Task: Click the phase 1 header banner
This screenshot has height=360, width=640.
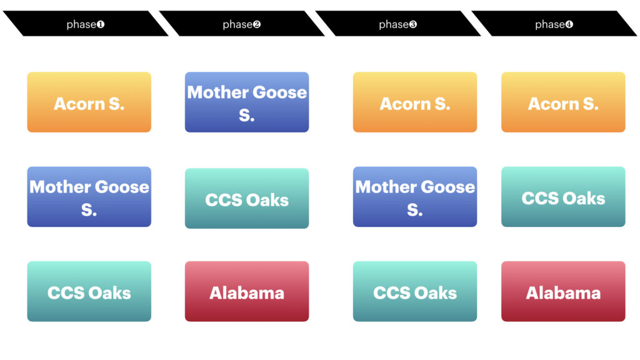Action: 86,24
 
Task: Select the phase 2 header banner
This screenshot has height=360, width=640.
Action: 242,24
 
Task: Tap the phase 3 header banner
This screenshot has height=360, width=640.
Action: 398,24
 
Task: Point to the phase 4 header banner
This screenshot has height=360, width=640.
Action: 554,24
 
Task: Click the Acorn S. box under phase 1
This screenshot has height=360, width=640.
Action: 89,102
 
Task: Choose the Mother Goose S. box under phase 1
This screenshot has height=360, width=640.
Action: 89,197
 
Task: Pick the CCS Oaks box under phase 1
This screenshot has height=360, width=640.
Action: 89,291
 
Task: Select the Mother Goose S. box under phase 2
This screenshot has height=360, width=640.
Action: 247,102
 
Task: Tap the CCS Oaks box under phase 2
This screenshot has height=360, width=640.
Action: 247,198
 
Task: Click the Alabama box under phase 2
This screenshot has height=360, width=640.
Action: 247,291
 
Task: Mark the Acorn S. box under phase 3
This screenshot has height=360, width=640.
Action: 415,102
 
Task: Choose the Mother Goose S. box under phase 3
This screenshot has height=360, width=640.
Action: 415,197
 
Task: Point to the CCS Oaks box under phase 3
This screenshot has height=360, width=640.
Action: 415,291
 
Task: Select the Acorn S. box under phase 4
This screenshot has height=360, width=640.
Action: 563,102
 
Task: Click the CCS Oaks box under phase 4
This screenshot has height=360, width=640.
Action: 563,197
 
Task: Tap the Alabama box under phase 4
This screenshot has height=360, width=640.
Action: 563,291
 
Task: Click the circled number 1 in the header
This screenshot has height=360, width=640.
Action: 101,24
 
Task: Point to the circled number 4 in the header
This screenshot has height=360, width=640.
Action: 569,24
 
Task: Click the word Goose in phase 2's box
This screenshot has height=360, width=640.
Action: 279,92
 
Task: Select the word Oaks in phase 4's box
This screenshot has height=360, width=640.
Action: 585,199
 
